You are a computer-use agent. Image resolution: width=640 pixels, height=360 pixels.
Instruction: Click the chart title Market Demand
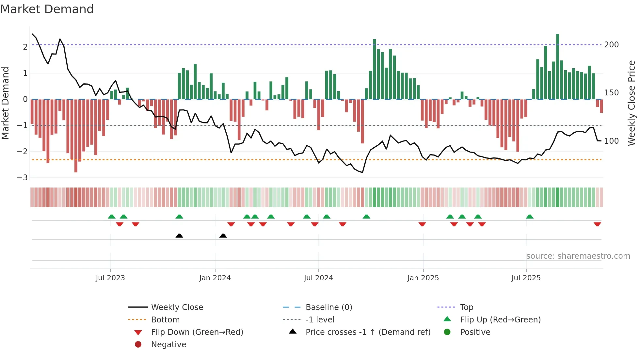[x=47, y=9]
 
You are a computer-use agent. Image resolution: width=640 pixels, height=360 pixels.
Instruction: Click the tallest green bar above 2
[x=557, y=65]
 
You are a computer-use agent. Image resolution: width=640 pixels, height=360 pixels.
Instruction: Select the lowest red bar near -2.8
[x=76, y=136]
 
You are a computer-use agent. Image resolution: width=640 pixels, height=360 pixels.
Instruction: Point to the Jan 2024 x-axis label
[x=215, y=278]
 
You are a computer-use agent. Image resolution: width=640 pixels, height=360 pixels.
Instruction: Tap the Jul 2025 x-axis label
[x=526, y=278]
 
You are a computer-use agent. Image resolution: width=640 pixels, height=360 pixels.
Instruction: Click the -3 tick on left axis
[x=23, y=178]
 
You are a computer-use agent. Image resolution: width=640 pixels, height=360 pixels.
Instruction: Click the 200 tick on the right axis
[x=611, y=45]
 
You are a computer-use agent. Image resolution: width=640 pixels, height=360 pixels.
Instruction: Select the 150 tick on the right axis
[x=611, y=93]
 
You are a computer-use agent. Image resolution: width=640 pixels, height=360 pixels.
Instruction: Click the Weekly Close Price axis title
[x=632, y=103]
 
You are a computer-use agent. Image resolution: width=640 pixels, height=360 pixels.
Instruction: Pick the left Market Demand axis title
[x=6, y=103]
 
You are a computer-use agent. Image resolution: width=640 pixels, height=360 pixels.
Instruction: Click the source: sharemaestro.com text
[x=578, y=256]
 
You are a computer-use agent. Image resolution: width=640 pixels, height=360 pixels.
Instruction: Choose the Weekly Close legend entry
[x=177, y=307]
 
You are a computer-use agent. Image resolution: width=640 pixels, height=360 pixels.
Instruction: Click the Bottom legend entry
[x=165, y=320]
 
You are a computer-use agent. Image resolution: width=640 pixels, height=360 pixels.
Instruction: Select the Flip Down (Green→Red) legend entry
[x=197, y=332]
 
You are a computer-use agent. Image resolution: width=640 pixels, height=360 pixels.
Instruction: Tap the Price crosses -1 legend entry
[x=368, y=332]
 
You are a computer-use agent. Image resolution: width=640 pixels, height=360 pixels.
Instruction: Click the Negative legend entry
[x=168, y=345]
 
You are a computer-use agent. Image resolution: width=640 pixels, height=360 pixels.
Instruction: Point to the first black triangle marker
[x=179, y=236]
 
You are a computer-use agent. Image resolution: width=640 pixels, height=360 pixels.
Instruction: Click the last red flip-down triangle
[x=597, y=224]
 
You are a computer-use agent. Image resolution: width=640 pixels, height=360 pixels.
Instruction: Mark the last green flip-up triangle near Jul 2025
[x=530, y=217]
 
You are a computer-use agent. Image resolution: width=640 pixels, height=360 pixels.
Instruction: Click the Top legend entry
[x=467, y=307]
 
